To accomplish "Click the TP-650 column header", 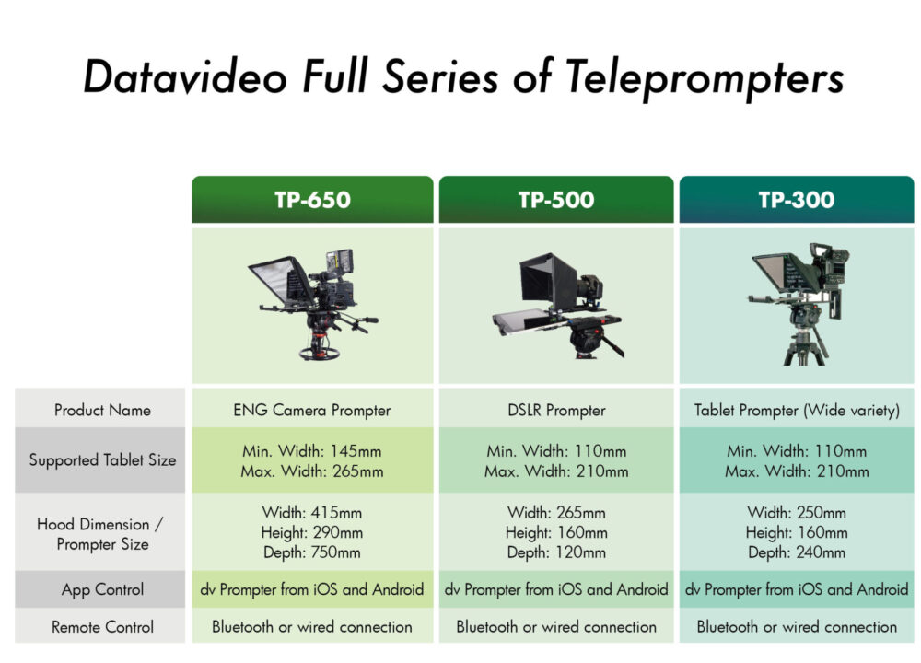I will pos(311,200).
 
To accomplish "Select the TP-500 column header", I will pos(555,200).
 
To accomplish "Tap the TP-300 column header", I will pos(796,200).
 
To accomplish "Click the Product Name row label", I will pos(102,410).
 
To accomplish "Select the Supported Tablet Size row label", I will pos(102,459).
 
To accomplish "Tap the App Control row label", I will pos(102,589).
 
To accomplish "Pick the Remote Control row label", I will pos(102,627).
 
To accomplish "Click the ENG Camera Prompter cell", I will pos(311,410).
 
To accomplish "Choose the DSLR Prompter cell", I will pos(555,410).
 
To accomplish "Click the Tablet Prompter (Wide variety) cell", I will pos(796,410).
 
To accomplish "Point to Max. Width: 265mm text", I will pos(311,471).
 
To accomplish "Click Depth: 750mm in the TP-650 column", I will pos(311,552).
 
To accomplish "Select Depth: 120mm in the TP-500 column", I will pos(555,552).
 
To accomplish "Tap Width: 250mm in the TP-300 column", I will pos(796,512).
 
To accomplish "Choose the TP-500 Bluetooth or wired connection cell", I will pos(555,627).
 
